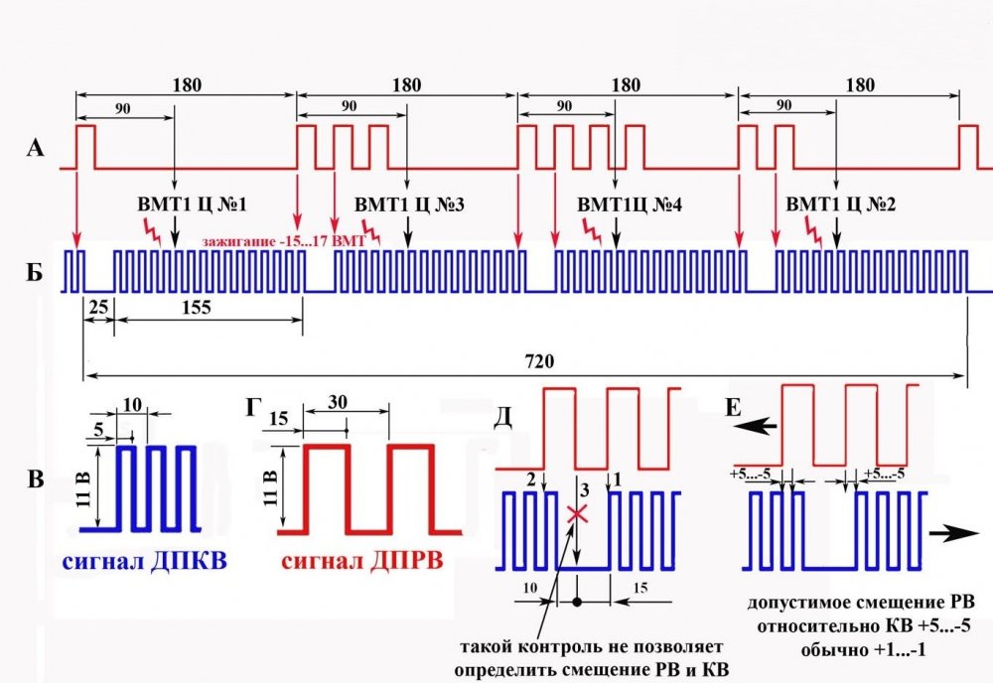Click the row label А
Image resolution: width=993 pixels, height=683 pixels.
36,148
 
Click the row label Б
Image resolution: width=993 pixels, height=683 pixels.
35,272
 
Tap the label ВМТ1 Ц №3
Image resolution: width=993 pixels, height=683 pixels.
409,205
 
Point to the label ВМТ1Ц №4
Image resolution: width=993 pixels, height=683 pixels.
630,205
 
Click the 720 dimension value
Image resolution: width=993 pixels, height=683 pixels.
539,360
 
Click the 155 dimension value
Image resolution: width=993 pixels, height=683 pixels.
197,308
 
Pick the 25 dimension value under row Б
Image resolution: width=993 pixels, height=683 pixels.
98,308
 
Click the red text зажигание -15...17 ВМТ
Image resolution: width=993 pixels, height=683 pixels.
284,241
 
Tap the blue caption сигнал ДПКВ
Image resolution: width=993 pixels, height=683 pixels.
144,562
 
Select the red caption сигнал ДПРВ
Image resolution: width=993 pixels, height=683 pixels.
362,562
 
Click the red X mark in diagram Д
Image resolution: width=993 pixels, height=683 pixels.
577,513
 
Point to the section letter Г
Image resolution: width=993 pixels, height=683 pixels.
253,408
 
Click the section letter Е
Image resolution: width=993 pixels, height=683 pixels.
733,408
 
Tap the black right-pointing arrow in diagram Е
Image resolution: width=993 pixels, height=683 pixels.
954,534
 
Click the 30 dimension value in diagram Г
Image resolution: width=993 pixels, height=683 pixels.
338,402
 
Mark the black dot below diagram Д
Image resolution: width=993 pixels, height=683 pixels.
576,602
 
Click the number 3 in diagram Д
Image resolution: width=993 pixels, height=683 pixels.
585,489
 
